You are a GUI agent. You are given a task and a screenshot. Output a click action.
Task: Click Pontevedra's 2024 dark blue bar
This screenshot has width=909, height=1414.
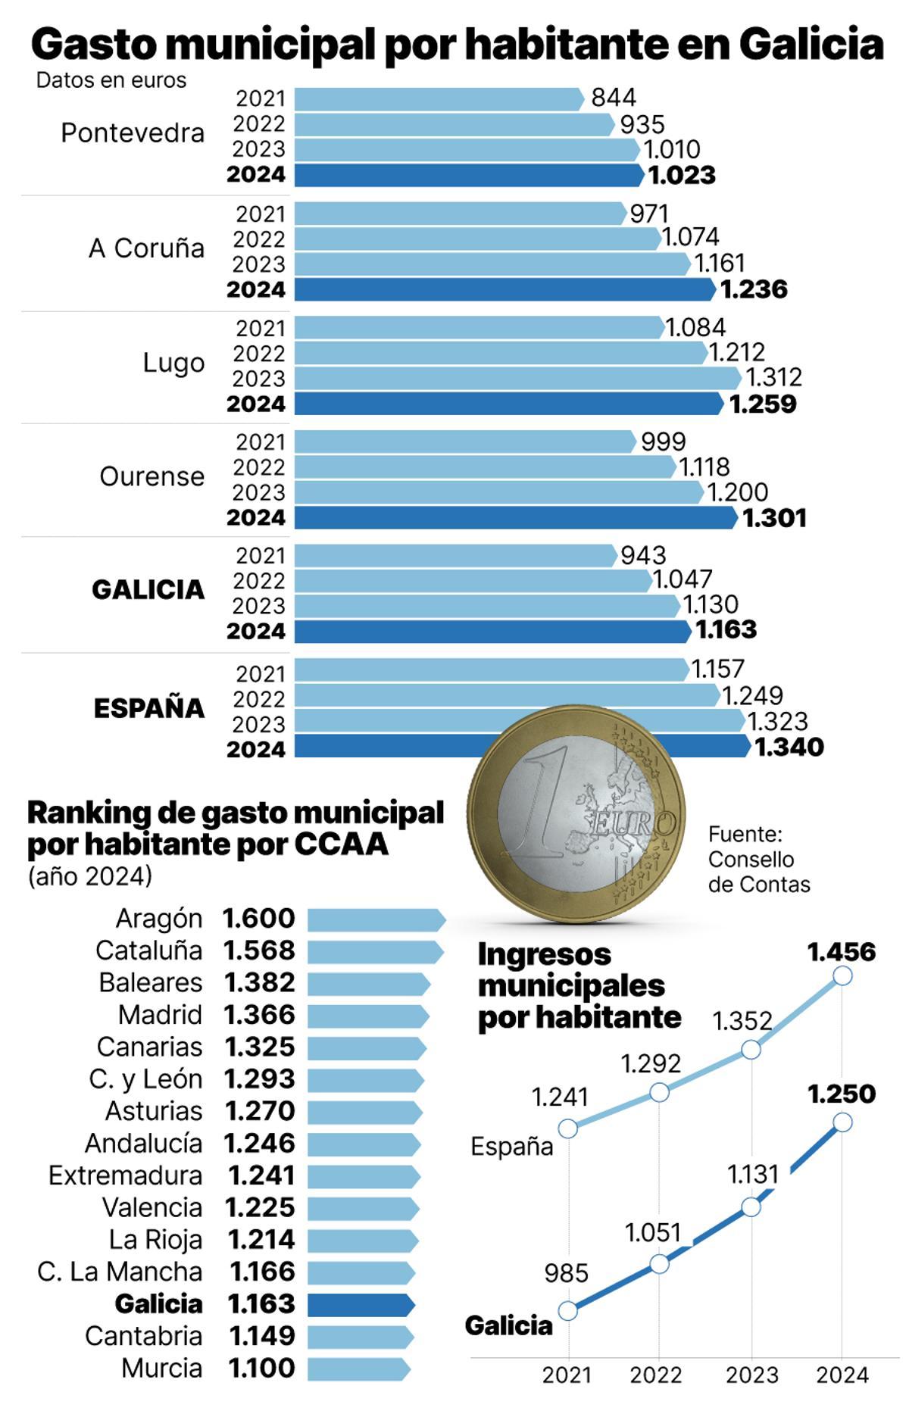click(x=468, y=175)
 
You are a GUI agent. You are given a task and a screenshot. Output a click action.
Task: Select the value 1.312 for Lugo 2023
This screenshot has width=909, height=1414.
click(x=773, y=377)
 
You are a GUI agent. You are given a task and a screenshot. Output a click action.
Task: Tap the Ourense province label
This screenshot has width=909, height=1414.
click(x=151, y=477)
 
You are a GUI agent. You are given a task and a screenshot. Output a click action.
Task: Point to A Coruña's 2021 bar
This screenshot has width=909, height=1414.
click(x=459, y=214)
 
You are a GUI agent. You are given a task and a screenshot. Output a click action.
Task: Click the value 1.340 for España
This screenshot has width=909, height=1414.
click(x=789, y=748)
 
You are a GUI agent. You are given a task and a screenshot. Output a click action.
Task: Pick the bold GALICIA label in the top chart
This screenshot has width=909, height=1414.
click(x=148, y=590)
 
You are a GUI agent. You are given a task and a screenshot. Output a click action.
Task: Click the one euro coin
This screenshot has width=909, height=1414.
click(x=576, y=814)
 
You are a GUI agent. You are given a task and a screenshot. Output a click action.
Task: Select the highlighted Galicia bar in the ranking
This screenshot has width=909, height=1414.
click(x=361, y=1305)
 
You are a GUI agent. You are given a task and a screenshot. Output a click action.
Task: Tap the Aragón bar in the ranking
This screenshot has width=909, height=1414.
click(x=376, y=919)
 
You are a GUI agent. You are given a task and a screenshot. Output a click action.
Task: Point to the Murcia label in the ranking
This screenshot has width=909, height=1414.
click(x=162, y=1369)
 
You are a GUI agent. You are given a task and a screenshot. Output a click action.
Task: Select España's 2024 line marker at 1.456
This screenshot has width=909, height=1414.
click(x=842, y=975)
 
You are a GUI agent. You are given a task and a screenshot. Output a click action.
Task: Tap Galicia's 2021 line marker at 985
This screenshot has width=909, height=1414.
click(x=567, y=1310)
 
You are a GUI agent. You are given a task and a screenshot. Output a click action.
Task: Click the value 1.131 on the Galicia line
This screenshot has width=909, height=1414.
click(x=753, y=1175)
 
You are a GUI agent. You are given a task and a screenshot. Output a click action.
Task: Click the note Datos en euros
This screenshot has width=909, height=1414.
click(x=111, y=80)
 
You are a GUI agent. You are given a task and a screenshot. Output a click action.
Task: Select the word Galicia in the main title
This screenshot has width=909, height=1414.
click(x=811, y=45)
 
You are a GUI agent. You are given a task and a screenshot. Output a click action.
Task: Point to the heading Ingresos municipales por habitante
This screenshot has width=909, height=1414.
click(x=579, y=986)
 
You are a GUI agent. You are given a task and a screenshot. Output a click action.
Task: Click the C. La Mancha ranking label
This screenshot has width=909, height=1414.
click(x=120, y=1272)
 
